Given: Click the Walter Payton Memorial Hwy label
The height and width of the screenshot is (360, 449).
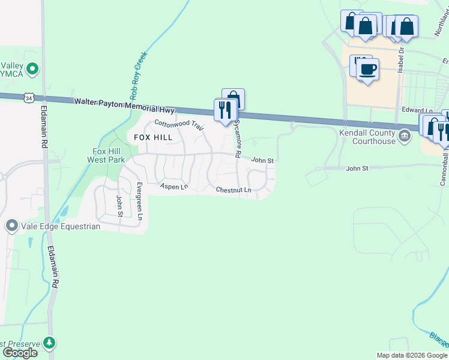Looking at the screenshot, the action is click(x=124, y=106).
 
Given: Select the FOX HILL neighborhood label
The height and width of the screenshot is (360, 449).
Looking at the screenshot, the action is click(x=153, y=137).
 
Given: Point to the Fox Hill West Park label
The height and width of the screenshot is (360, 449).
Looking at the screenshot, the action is click(x=106, y=155).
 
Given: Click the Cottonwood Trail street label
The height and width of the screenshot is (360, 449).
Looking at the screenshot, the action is click(x=179, y=125).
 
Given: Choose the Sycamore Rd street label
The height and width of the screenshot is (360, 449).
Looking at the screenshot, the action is click(x=238, y=138).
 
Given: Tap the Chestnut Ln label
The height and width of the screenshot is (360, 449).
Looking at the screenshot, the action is click(x=234, y=191).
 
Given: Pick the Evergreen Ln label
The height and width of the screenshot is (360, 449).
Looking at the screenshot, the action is click(x=139, y=200).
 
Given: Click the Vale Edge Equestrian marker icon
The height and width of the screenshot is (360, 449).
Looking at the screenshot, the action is click(x=11, y=226).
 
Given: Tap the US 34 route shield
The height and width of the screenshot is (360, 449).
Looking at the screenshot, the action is click(x=28, y=97).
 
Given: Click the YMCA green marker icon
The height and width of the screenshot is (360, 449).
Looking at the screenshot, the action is click(x=32, y=69).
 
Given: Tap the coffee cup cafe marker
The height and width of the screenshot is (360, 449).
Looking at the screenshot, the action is click(x=367, y=69).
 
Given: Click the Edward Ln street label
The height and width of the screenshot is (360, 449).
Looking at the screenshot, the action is click(x=417, y=110).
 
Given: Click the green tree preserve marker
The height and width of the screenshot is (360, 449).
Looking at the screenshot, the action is click(x=49, y=344).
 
